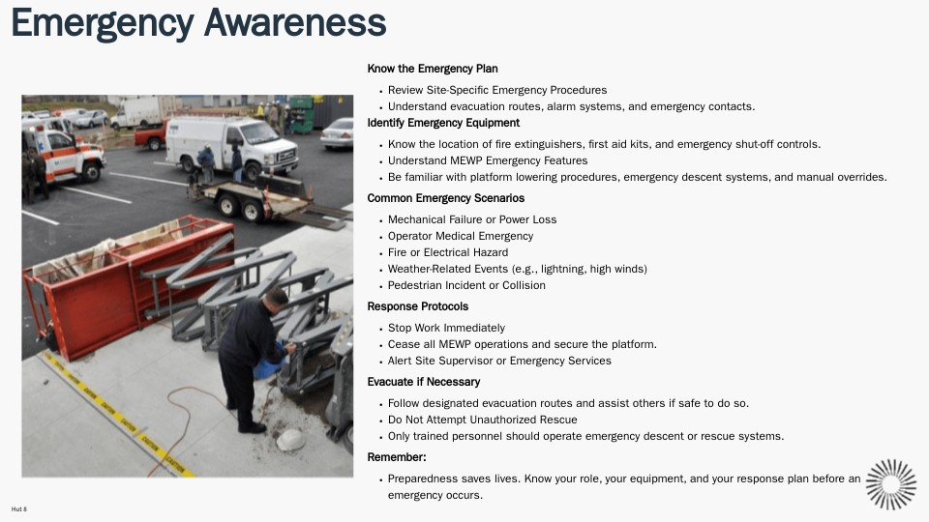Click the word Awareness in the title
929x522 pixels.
pos(294,23)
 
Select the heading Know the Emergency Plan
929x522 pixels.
pos(433,69)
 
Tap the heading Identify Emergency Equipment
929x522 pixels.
pos(443,123)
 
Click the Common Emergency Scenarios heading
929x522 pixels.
pos(445,198)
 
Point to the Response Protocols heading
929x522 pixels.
pos(418,306)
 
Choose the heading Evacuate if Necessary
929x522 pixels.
pos(424,382)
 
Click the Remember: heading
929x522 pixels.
pos(397,457)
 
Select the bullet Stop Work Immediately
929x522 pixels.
pos(446,328)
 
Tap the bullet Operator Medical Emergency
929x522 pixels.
pos(461,236)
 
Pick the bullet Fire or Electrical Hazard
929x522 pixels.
pos(448,252)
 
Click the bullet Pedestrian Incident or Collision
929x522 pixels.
pos(466,285)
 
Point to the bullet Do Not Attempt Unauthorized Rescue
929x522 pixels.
pos(482,420)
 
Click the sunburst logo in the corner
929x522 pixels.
pos(890,484)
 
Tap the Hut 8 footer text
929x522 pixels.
pos(19,509)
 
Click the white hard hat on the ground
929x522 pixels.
pos(290,439)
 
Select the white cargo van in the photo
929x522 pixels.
pos(231,146)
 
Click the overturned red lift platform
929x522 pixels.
pos(128,284)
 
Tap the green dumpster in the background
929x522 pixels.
pos(302,114)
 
